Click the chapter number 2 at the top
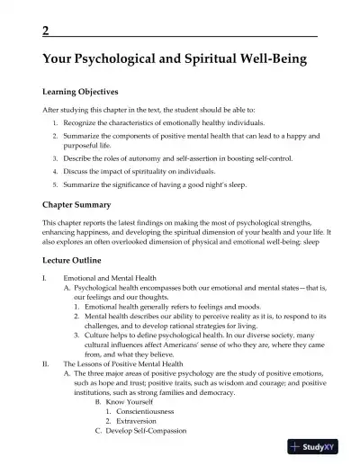46,31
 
